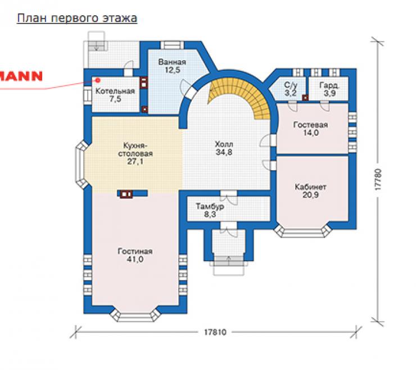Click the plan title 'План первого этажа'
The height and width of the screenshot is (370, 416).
pyautogui.click(x=77, y=19)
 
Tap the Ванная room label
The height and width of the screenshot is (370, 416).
pyautogui.click(x=172, y=62)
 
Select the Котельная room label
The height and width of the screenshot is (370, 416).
pyautogui.click(x=115, y=91)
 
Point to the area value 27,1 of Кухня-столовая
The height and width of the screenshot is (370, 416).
pyautogui.click(x=135, y=161)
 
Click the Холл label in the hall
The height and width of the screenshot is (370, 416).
pyautogui.click(x=224, y=144)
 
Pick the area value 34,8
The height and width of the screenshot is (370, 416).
pyautogui.click(x=224, y=152)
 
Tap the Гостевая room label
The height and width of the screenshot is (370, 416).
pyautogui.click(x=311, y=125)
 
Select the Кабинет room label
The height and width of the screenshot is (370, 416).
pyautogui.click(x=310, y=187)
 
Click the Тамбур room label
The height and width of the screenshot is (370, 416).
pyautogui.click(x=210, y=206)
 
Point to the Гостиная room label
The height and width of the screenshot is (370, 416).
pyautogui.click(x=135, y=252)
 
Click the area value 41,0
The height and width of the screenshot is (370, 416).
pyautogui.click(x=135, y=259)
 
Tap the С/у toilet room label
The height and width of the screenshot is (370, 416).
pyautogui.click(x=291, y=85)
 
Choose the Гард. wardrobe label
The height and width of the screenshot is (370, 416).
pyautogui.click(x=329, y=85)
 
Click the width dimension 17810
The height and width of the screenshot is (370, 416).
pyautogui.click(x=215, y=332)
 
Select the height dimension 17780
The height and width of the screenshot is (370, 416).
pyautogui.click(x=378, y=180)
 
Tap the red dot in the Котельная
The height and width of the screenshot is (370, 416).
pyautogui.click(x=98, y=80)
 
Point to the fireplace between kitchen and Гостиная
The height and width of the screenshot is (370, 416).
pyautogui.click(x=126, y=194)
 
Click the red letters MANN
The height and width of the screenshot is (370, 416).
pyautogui.click(x=21, y=76)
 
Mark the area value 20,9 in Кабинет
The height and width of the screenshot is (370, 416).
pyautogui.click(x=310, y=195)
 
